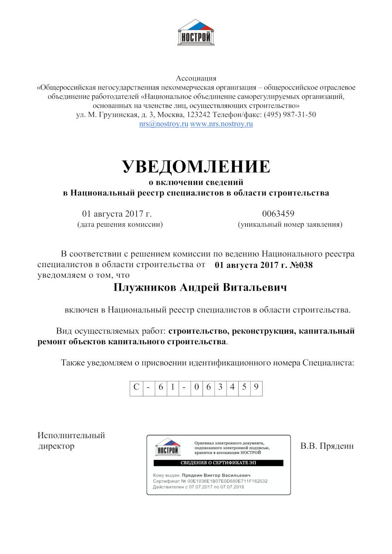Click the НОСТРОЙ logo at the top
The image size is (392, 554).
[196, 32]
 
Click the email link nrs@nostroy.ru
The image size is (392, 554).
[163, 124]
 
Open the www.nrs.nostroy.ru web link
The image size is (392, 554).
[221, 124]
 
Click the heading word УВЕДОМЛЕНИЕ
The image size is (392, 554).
[196, 167]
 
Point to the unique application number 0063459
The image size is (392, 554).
[278, 214]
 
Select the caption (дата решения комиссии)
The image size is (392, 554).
[120, 225]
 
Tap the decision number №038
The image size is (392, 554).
[301, 265]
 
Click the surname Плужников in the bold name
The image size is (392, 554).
[145, 288]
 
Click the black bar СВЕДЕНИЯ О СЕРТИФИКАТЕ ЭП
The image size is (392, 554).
[219, 463]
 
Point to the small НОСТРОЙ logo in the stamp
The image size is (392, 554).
[168, 447]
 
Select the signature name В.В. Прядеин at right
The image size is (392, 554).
[327, 447]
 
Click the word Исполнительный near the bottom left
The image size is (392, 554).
[71, 436]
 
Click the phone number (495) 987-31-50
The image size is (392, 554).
[289, 115]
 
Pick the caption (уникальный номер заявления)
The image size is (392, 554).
[290, 225]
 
